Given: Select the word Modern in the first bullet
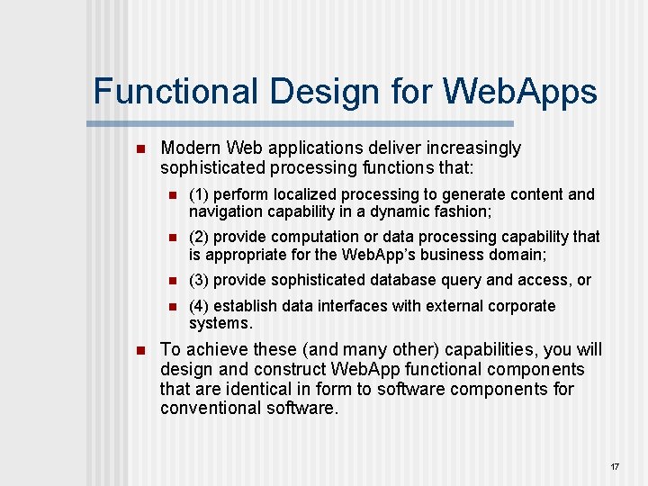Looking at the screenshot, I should point(191,148).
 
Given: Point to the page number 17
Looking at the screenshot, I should point(615,467).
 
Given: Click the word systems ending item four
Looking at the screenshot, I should point(220,323).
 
